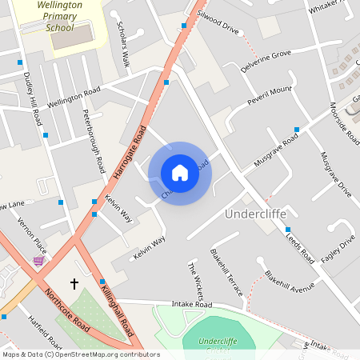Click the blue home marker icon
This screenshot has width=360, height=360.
[x=180, y=172]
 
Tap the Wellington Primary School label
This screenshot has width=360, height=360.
[x=66, y=15]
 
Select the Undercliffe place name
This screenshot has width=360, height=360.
[x=255, y=214]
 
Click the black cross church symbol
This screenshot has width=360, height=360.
[x=74, y=283]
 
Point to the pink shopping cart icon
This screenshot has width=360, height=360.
[x=38, y=260]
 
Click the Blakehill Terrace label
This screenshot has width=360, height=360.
[x=226, y=272]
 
